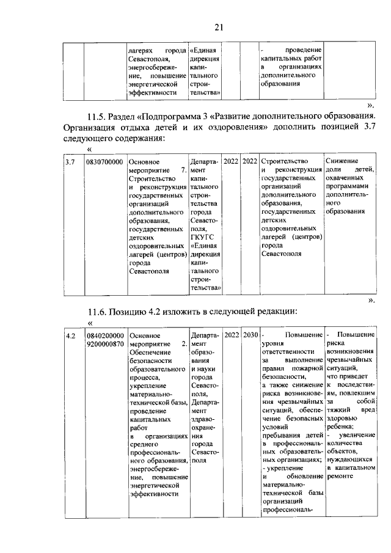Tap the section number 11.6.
(x=99, y=312)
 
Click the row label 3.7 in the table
(x=71, y=162)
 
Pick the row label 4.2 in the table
(x=71, y=336)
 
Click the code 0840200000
(x=106, y=336)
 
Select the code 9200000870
(x=106, y=345)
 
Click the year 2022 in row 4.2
(x=232, y=335)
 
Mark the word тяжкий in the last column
(x=338, y=410)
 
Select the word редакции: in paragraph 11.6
(x=272, y=312)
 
